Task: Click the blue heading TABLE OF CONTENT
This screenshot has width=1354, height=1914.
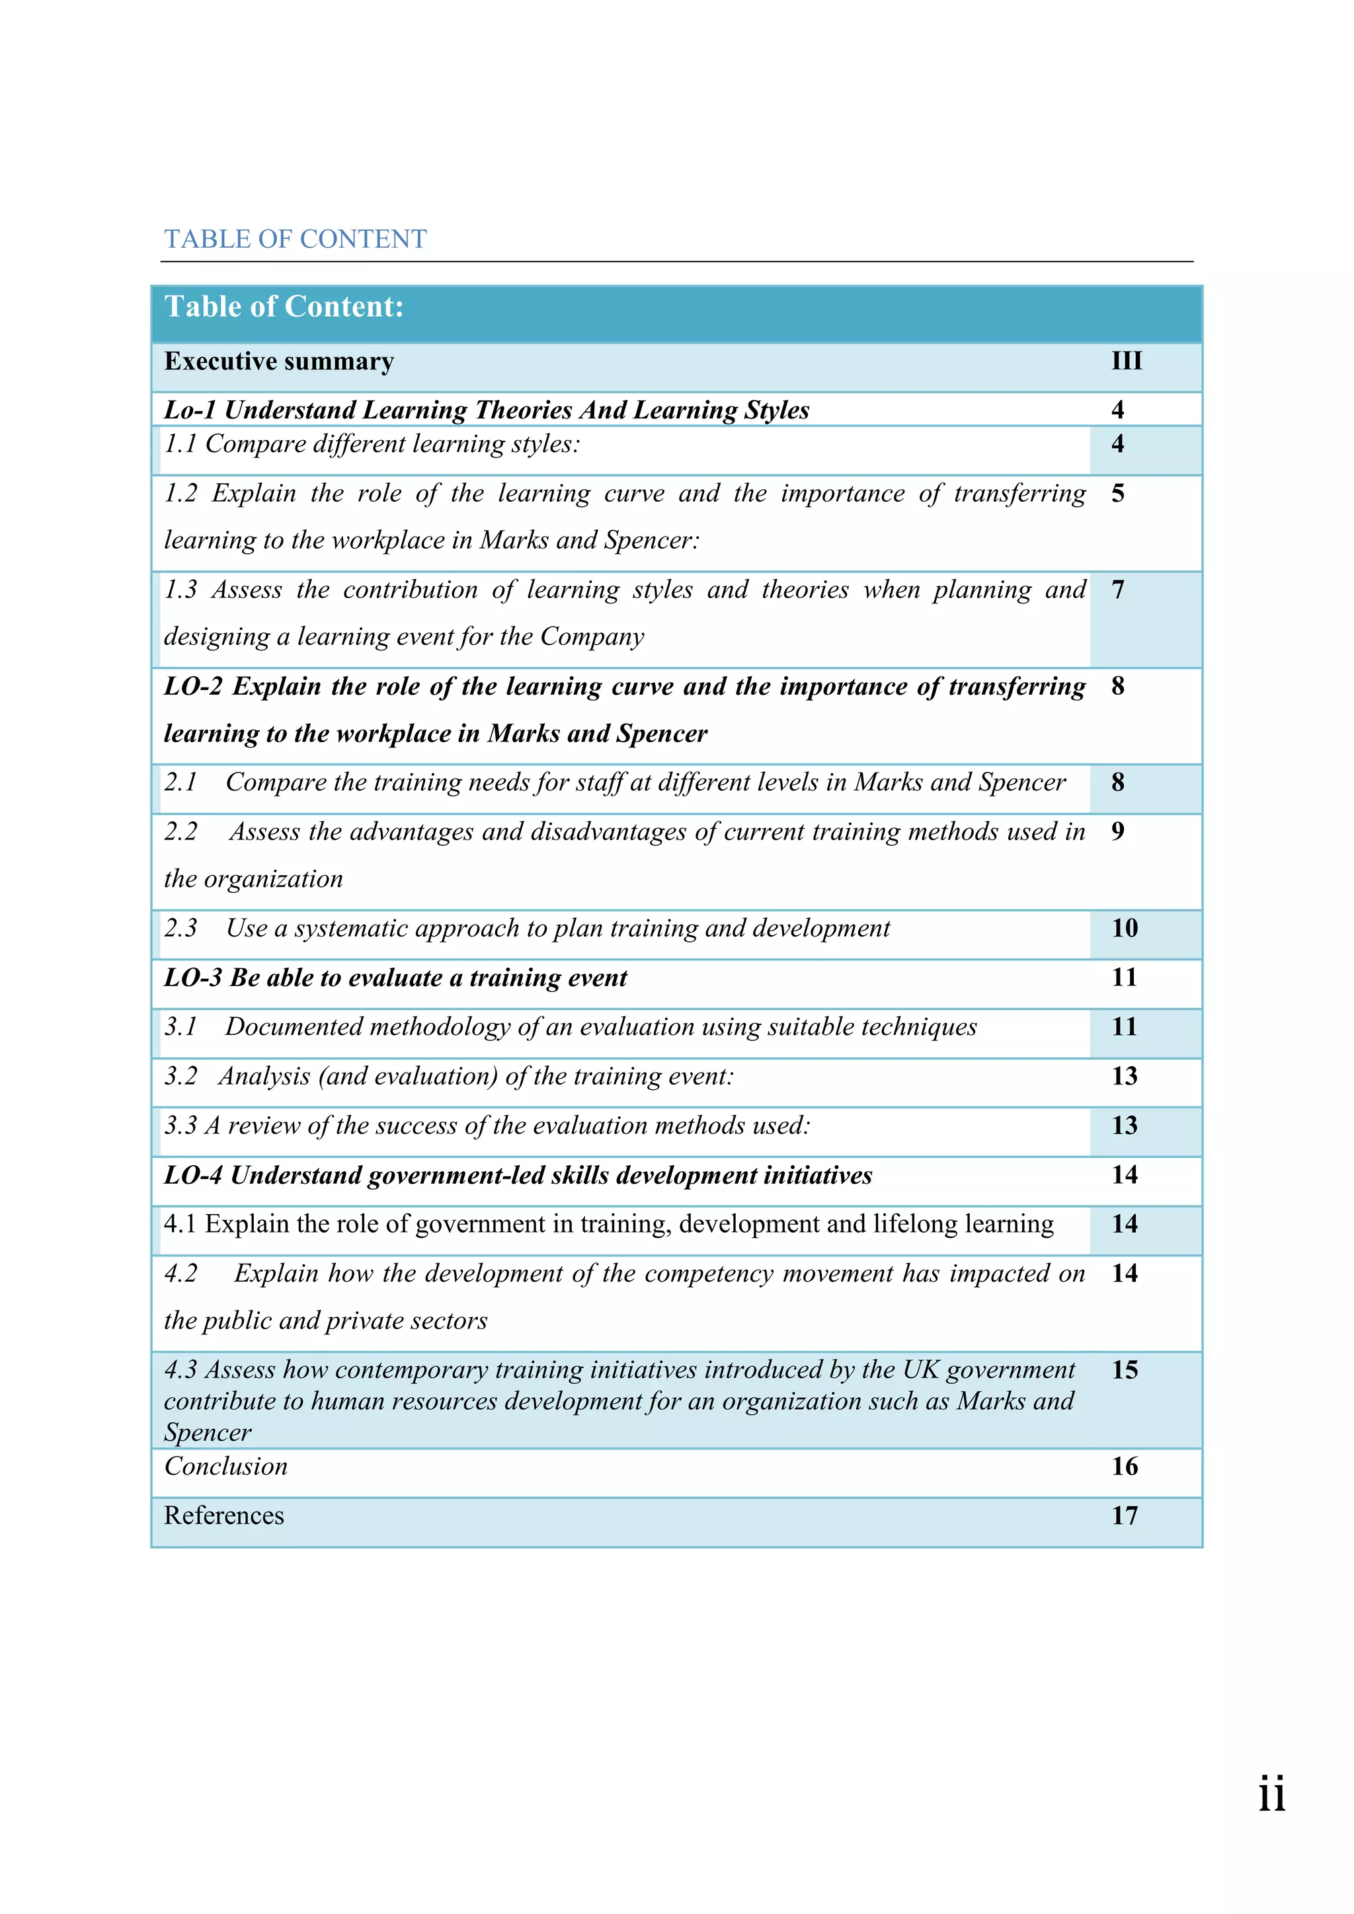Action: point(295,239)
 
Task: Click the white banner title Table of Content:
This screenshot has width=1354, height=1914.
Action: point(284,307)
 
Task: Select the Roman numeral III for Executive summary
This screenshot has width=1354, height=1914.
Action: point(1127,361)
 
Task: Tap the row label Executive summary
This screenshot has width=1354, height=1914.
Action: point(279,361)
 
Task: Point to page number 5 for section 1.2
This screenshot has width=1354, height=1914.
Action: point(1118,494)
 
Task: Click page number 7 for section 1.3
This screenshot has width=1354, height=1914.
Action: point(1118,590)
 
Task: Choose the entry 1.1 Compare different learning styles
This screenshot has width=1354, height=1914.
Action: point(372,443)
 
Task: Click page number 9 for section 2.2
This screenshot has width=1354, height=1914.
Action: point(1118,831)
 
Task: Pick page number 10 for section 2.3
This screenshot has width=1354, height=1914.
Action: point(1125,928)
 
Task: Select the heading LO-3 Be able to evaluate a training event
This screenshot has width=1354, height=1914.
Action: point(396,977)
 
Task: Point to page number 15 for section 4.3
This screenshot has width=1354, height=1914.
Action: point(1125,1369)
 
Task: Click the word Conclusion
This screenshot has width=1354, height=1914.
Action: point(226,1467)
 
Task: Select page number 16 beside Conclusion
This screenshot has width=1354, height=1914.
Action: point(1125,1467)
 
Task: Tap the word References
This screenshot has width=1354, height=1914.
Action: point(224,1515)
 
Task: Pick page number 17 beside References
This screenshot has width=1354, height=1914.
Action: point(1125,1515)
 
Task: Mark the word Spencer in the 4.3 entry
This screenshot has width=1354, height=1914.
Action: point(208,1433)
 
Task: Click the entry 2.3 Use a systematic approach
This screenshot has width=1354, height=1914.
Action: point(527,928)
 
